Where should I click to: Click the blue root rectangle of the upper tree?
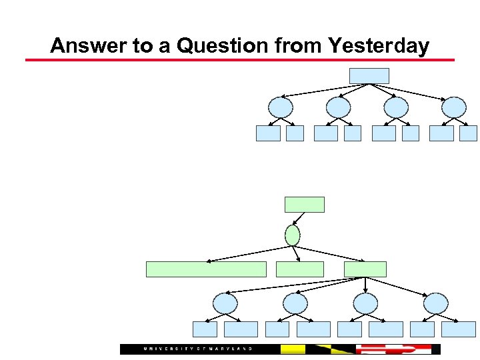369,76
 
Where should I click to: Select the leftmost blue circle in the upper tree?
280,107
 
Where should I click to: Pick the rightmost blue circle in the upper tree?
454,107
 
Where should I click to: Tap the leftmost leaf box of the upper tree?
268,133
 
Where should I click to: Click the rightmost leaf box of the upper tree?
469,133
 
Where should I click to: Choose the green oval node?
292,235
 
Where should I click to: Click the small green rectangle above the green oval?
305,205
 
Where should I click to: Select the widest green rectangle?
206,269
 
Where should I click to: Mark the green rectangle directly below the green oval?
299,269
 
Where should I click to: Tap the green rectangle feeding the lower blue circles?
365,269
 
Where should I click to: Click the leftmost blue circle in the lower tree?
225,304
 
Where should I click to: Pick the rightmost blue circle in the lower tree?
436,304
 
